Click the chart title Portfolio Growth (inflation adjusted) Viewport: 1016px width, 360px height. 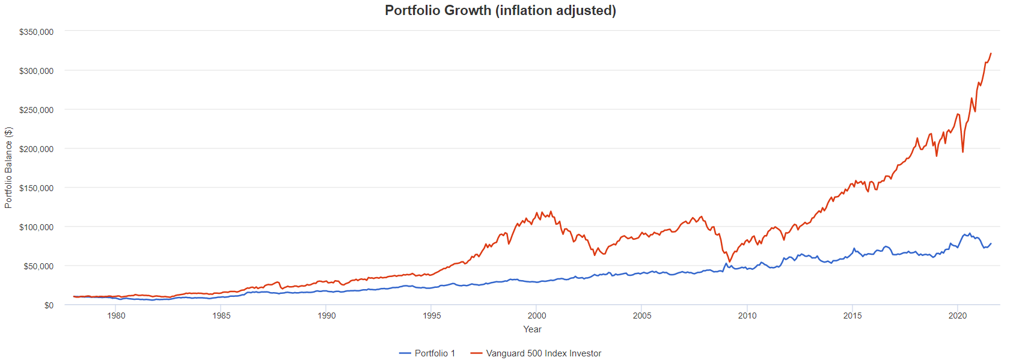500,10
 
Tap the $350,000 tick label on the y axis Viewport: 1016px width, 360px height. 36,32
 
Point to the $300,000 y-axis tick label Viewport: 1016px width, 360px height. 36,71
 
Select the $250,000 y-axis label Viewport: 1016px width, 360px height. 36,110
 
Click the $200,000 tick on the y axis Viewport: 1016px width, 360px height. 36,149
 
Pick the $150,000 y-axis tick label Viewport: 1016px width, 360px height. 36,188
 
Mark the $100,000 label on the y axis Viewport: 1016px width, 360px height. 36,227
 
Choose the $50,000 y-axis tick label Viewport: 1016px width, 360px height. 38,266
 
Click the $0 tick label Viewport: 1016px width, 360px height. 49,305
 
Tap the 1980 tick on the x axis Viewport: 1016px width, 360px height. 116,316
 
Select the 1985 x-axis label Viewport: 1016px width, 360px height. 221,316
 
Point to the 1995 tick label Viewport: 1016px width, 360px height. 432,316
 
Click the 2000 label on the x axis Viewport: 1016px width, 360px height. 537,316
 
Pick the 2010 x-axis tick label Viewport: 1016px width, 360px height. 747,316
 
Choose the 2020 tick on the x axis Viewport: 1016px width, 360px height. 957,316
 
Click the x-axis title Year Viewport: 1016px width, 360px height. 532,329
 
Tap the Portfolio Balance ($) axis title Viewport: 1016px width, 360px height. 8,168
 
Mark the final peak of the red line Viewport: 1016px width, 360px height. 991,53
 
